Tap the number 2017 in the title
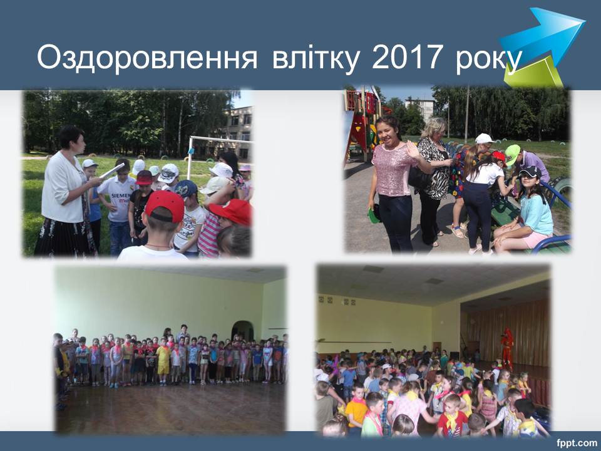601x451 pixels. pos(406,57)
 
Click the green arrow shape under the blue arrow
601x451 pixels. pos(533,72)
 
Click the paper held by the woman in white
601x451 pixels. pos(111,170)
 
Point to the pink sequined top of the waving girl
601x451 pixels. pos(393,169)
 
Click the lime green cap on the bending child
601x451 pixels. pos(512,153)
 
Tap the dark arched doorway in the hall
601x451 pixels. pos(242,331)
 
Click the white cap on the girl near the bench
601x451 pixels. pos(484,138)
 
